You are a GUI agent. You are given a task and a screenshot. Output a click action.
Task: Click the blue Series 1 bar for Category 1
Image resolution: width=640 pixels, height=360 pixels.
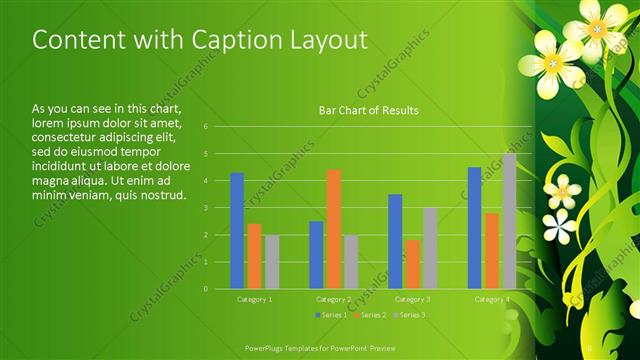(x=237, y=231)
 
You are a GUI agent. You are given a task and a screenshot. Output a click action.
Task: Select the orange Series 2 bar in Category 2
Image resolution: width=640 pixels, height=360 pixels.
(x=333, y=229)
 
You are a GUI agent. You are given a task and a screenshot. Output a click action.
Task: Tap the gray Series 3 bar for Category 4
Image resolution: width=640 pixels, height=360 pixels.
(x=509, y=221)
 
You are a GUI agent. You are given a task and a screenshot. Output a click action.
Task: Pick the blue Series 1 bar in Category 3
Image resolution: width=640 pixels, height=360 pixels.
(x=395, y=241)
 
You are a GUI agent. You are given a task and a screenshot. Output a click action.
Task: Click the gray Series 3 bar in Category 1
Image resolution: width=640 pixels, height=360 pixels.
(x=272, y=262)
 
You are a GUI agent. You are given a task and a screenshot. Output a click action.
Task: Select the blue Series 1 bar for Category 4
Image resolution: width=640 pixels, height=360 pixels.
(x=474, y=228)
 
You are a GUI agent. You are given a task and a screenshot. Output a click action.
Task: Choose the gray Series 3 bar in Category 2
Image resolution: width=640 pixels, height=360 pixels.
(x=350, y=262)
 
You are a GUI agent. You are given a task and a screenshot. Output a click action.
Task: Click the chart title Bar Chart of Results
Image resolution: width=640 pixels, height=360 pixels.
(x=368, y=110)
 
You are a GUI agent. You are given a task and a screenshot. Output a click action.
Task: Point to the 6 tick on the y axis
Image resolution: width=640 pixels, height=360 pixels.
(x=205, y=127)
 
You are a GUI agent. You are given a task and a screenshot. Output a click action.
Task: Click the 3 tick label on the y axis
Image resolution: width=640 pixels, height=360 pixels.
(x=205, y=208)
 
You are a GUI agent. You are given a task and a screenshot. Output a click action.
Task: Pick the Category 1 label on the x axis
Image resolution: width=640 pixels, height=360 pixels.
(x=254, y=299)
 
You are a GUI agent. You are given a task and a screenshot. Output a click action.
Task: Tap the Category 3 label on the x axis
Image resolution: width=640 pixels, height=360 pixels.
(x=412, y=299)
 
